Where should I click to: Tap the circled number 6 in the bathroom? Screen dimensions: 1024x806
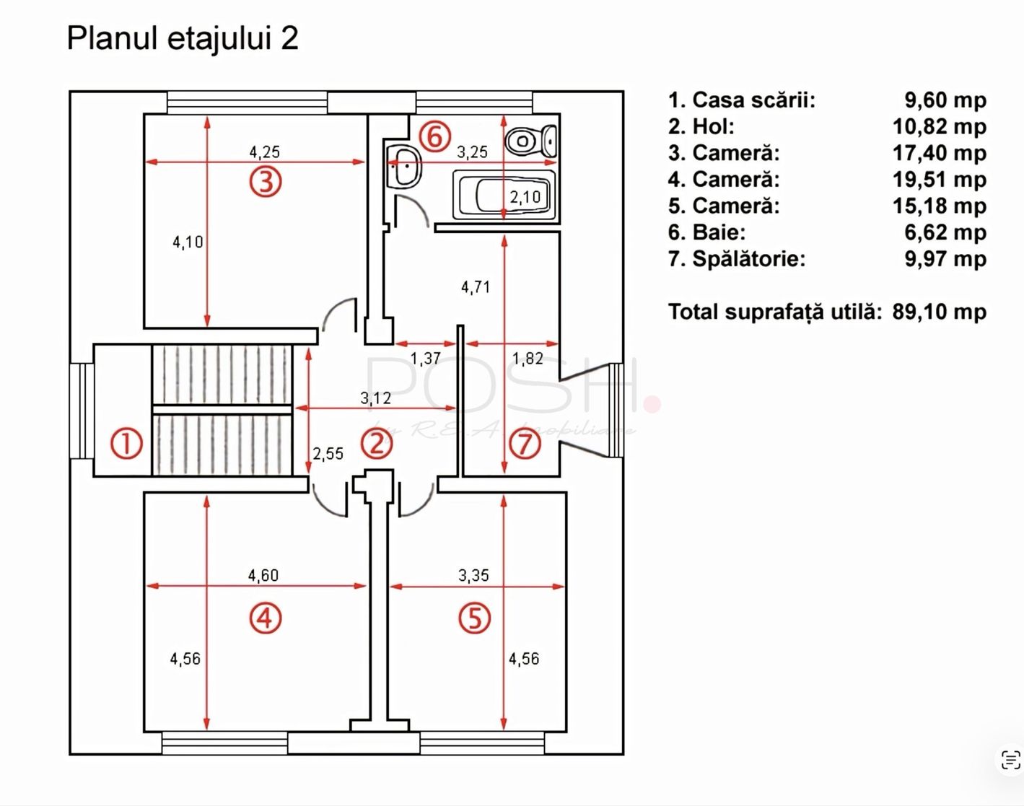tap(434, 136)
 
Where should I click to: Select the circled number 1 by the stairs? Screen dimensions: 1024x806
tap(126, 444)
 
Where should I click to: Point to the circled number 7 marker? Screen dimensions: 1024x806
tap(525, 444)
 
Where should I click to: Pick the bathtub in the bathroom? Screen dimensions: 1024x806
tap(505, 195)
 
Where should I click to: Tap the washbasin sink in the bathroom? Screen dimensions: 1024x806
tap(404, 167)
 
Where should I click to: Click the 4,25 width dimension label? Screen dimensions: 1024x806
tap(265, 152)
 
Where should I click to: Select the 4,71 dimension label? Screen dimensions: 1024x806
tap(476, 287)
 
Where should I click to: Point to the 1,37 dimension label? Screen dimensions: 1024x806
tap(425, 359)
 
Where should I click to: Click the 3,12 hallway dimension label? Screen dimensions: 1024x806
tap(375, 398)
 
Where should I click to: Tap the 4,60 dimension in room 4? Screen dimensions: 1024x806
tap(263, 576)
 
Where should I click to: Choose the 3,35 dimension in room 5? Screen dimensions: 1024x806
tap(473, 576)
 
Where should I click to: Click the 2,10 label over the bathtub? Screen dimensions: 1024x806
tap(525, 197)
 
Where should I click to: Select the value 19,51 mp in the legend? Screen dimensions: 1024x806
tap(940, 180)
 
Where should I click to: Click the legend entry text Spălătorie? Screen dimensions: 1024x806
tap(749, 259)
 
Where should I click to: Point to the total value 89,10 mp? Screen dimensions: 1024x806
tap(940, 312)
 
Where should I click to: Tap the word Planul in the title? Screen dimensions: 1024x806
tap(113, 38)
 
